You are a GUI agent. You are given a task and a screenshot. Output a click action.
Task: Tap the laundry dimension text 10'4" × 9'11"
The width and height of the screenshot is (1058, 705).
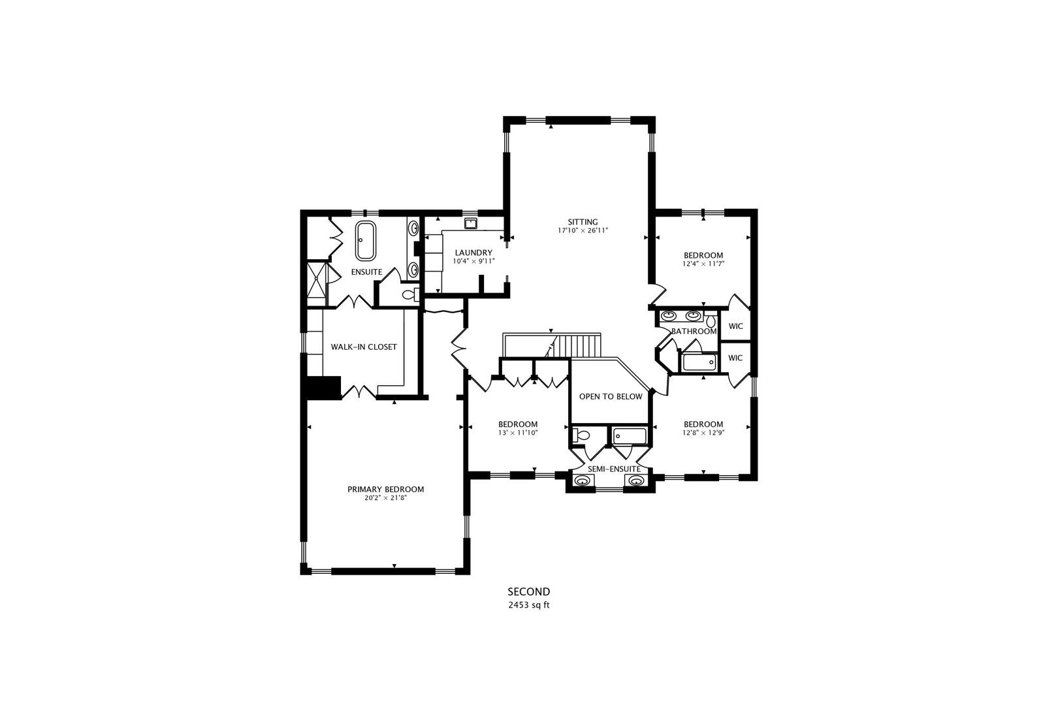(473, 261)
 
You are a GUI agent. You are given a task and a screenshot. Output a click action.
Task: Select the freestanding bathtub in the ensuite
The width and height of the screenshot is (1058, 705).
(365, 240)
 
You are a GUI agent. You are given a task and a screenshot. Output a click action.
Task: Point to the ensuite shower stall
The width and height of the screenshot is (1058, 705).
(318, 283)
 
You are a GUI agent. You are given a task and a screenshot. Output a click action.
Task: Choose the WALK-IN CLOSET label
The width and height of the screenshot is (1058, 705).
(363, 347)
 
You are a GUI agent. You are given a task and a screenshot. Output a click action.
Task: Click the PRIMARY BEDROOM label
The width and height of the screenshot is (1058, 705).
(385, 489)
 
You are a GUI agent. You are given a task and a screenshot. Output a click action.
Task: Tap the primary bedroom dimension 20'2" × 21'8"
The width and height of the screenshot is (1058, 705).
(385, 498)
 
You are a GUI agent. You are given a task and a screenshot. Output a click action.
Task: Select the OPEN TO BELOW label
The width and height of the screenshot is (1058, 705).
(610, 396)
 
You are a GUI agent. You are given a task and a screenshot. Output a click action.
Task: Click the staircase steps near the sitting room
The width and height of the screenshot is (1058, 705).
(579, 345)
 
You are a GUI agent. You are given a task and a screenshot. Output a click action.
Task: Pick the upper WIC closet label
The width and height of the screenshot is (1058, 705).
(735, 326)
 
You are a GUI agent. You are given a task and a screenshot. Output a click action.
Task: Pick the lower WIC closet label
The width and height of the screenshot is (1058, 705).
(735, 358)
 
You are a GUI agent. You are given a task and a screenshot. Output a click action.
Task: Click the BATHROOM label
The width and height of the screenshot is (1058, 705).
(694, 331)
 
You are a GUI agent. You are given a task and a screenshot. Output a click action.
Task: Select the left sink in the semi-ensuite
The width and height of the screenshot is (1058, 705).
(581, 481)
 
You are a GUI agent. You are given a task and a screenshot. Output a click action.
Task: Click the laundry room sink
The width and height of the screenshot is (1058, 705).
(470, 223)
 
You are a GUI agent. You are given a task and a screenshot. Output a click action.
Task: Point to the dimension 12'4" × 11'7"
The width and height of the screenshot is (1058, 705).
(703, 264)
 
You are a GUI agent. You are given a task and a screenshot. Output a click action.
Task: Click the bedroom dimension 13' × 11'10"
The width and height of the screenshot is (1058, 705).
(517, 432)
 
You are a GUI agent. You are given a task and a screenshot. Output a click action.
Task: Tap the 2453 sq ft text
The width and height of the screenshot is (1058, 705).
(529, 604)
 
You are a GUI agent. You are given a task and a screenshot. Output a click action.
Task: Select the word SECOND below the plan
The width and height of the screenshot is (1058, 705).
(529, 591)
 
